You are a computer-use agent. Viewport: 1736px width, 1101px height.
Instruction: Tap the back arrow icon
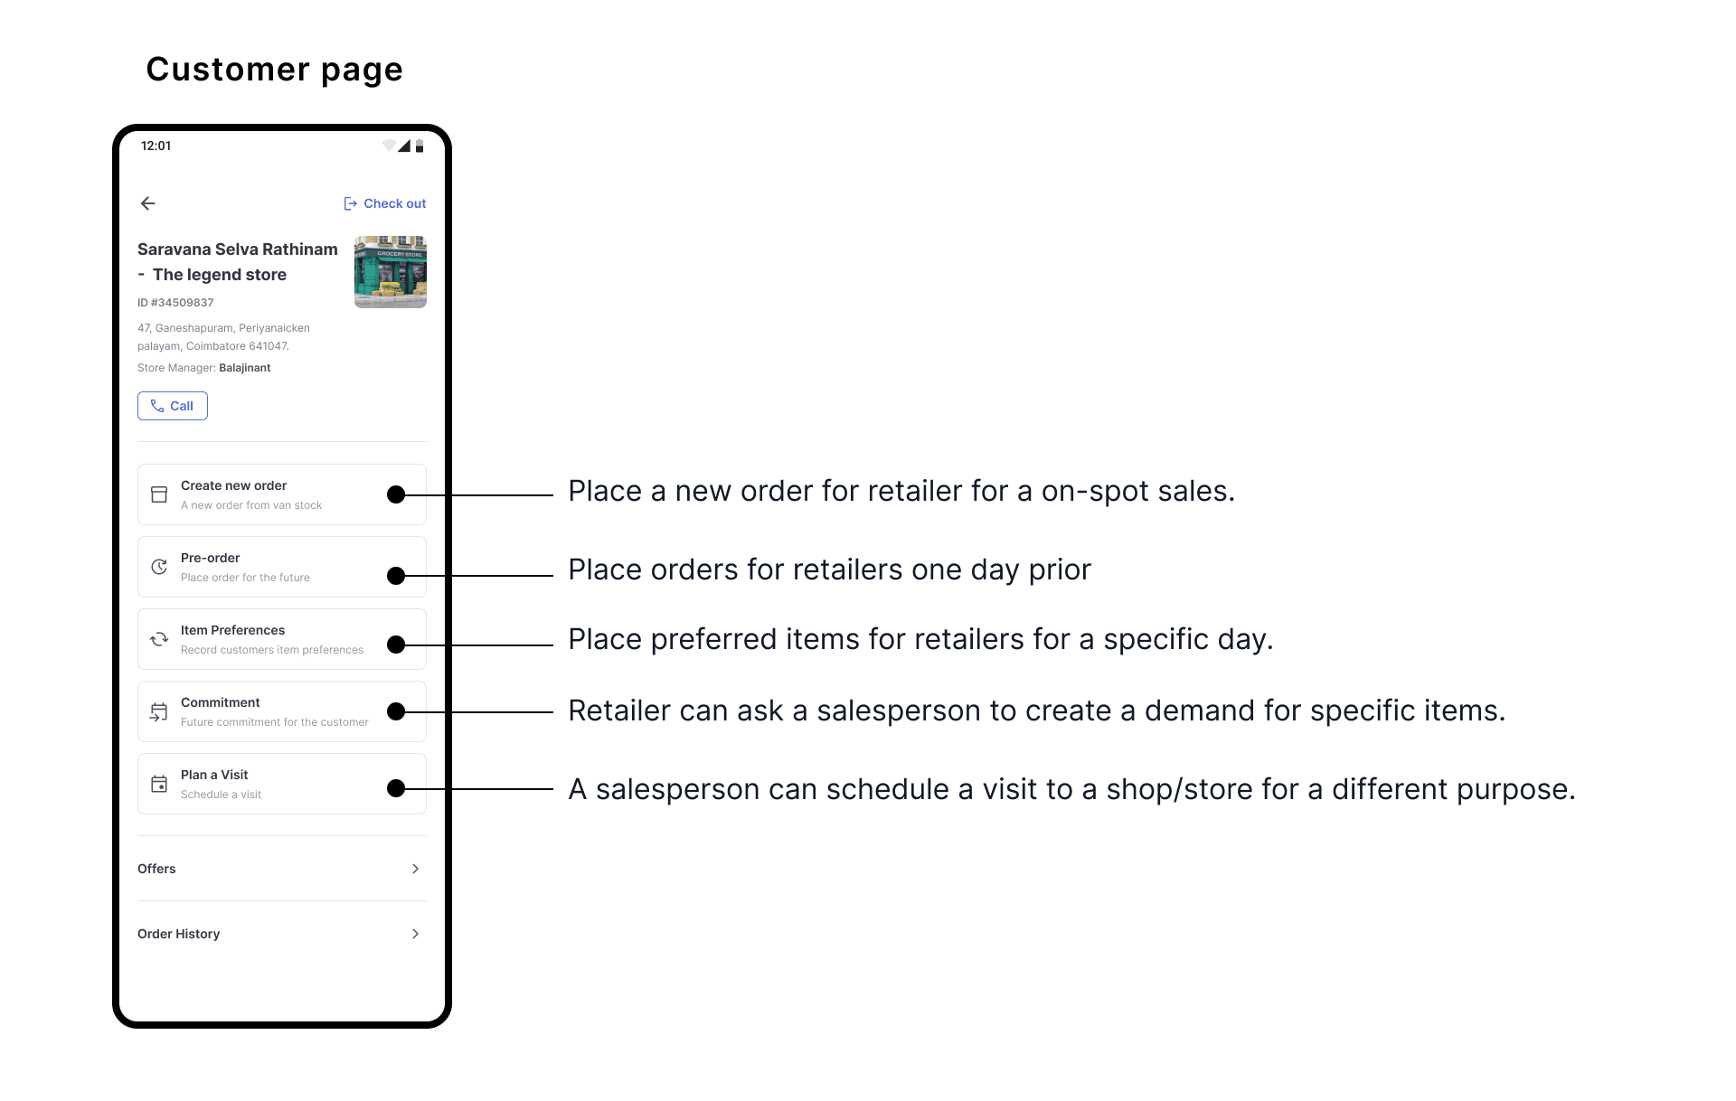point(148,203)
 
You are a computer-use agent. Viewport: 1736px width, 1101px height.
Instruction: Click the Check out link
point(385,203)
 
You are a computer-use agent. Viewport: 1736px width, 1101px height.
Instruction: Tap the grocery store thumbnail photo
point(391,272)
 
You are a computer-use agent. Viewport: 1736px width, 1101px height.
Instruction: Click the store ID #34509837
point(175,303)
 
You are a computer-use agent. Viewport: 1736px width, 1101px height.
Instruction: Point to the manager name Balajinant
point(245,368)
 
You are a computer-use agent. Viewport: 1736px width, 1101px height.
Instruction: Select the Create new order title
point(233,485)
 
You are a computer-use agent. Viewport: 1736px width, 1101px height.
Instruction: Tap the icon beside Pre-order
point(159,567)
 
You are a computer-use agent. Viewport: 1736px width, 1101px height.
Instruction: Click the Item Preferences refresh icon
point(159,639)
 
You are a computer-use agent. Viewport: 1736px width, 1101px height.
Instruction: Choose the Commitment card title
point(220,702)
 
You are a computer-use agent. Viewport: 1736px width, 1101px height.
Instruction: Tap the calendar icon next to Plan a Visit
point(159,784)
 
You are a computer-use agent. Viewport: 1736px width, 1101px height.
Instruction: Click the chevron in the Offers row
point(416,869)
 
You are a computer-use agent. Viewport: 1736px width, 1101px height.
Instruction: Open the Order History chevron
point(416,934)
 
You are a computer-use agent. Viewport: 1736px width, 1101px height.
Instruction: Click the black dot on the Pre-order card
point(396,576)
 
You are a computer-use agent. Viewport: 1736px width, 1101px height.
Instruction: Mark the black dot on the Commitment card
point(396,711)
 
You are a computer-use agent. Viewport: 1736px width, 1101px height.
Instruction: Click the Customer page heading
point(275,70)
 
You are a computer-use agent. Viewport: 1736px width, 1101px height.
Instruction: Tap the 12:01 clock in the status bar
point(156,146)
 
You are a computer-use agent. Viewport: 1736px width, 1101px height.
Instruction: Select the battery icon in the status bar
point(420,146)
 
